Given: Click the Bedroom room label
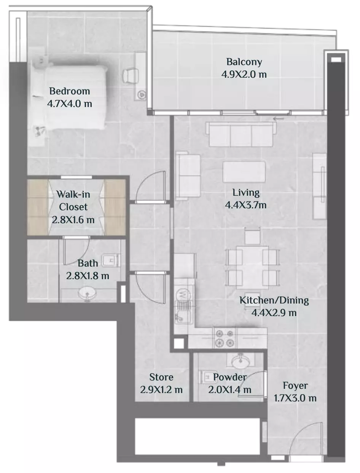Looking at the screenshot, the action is (70, 91).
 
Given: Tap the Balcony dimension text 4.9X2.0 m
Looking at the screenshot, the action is (244, 75).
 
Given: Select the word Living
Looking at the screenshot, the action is (246, 192).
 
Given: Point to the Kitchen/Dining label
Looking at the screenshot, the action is (274, 300).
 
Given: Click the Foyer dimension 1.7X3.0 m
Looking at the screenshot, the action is (295, 398).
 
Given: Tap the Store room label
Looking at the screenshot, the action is (161, 377).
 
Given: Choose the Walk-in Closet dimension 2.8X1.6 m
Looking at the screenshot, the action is (73, 220).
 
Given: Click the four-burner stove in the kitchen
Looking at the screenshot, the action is (225, 338).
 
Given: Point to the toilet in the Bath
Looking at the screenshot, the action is (110, 260).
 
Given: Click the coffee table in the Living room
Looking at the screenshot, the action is (244, 172).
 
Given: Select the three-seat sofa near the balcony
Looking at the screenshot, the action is (241, 134).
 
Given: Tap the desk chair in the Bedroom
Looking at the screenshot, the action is (131, 75).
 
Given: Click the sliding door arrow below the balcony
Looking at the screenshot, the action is (279, 118).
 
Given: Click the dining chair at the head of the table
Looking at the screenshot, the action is (252, 237).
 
